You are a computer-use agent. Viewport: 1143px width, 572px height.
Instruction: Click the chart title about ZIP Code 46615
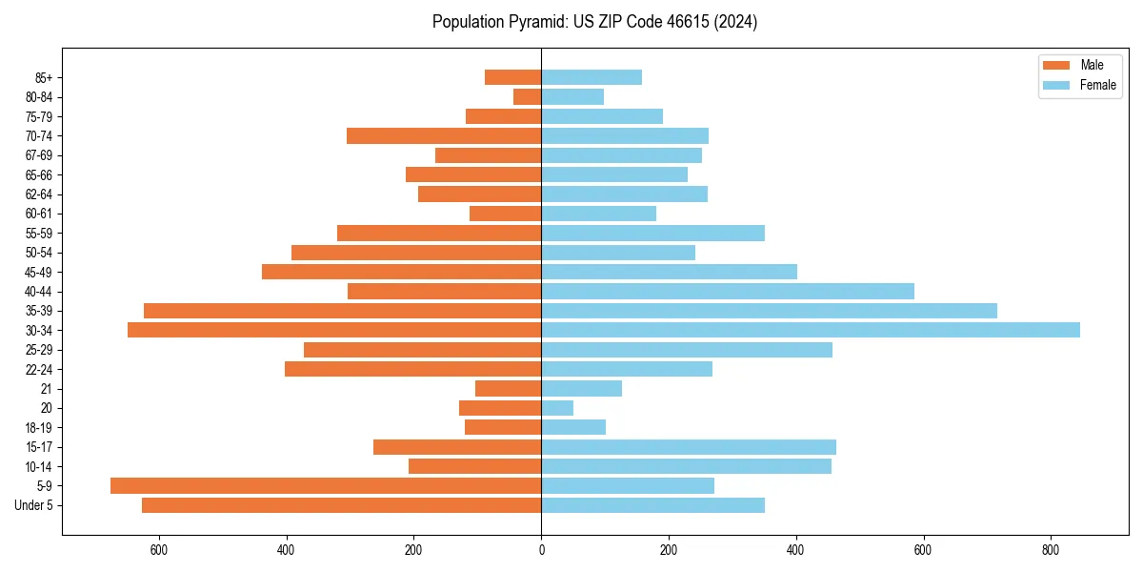point(594,22)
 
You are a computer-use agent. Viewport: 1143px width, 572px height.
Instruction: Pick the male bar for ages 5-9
point(326,485)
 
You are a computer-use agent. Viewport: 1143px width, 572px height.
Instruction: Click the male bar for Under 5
point(341,505)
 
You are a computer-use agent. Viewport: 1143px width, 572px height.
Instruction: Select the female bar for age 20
point(557,408)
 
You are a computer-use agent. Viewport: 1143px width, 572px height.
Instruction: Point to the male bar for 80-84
point(528,96)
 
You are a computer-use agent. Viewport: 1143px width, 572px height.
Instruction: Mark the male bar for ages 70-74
point(444,135)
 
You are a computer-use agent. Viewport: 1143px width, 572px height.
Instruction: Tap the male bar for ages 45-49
point(401,272)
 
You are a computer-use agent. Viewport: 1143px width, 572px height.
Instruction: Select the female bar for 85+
point(592,77)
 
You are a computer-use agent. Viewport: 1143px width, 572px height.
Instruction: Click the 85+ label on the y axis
point(42,77)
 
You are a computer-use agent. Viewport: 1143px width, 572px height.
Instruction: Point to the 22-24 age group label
point(38,369)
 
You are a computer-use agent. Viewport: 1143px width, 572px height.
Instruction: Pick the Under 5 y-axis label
point(34,505)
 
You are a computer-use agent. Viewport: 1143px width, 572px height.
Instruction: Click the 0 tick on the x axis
point(541,549)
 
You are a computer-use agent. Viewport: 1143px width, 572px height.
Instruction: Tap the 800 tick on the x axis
point(1051,549)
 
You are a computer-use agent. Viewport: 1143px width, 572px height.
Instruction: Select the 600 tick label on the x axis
point(159,549)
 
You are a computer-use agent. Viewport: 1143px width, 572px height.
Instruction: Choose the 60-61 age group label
point(38,214)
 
